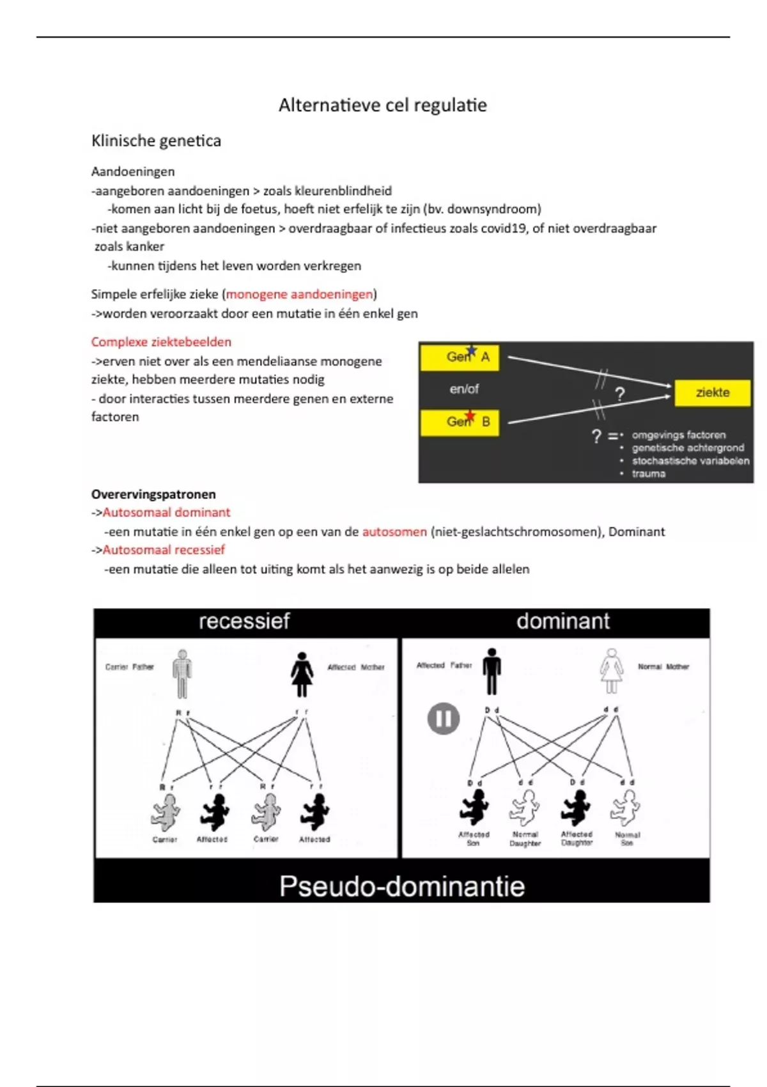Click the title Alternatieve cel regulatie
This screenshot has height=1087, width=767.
[x=382, y=106]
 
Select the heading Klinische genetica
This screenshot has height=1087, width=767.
[x=156, y=141]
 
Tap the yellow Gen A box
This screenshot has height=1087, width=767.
[x=460, y=357]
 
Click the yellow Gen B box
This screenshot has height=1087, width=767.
[x=460, y=422]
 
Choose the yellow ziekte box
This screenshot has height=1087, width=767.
[x=712, y=393]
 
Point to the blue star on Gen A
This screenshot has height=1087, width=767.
[x=472, y=350]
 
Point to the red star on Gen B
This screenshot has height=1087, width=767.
[x=470, y=416]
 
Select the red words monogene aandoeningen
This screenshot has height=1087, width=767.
[x=299, y=294]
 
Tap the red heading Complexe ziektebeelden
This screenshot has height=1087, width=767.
[x=161, y=342]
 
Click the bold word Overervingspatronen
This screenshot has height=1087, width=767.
[x=153, y=494]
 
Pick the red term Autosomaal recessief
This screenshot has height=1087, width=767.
[x=164, y=550]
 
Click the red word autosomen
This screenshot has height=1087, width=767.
[x=394, y=531]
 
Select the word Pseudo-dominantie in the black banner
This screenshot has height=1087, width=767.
[x=401, y=886]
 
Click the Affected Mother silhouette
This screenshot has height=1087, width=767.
[x=302, y=675]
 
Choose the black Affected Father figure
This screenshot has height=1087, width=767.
[x=492, y=671]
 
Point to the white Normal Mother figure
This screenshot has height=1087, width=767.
[x=612, y=671]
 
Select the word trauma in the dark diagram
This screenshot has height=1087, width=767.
[x=649, y=474]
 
